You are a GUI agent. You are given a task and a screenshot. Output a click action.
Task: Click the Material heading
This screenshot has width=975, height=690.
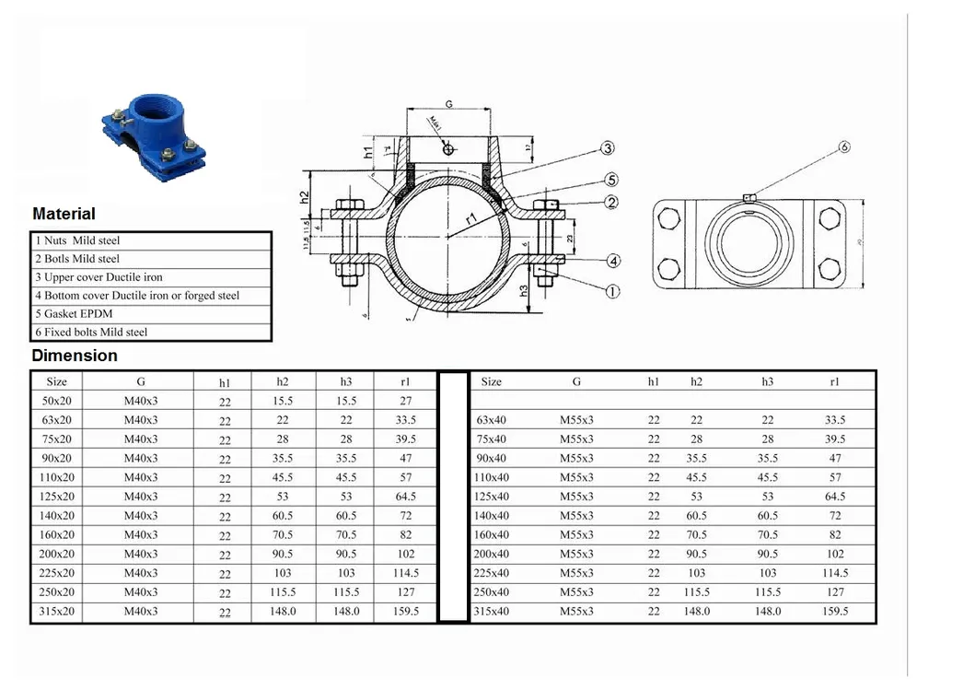point(64,214)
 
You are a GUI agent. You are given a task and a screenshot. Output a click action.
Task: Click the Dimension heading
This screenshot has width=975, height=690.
point(75,356)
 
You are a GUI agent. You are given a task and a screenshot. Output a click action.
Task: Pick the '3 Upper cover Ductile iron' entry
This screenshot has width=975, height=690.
point(99,276)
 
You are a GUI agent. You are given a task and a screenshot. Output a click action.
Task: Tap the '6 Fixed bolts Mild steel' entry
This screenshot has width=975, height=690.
point(91,332)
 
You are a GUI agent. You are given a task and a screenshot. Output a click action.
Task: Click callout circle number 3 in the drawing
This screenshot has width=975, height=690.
point(608,148)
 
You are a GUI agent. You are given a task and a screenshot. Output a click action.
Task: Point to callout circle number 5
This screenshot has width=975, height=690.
point(611,180)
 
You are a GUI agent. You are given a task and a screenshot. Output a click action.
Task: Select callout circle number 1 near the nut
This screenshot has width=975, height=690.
point(612,291)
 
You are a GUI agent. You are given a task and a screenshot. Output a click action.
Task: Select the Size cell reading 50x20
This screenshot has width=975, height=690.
point(57,401)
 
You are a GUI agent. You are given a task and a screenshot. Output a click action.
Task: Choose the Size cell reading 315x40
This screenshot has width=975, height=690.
point(491,611)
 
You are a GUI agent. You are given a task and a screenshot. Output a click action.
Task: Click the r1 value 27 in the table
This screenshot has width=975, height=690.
point(405,401)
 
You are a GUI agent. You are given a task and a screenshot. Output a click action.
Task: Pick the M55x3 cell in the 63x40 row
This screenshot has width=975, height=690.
point(576,420)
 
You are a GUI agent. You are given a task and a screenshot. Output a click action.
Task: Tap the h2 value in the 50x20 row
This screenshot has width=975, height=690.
point(283,401)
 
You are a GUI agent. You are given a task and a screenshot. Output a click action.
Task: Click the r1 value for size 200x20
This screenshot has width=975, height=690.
point(405,554)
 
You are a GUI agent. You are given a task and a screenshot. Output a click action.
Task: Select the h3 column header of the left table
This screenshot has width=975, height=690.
point(345,381)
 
